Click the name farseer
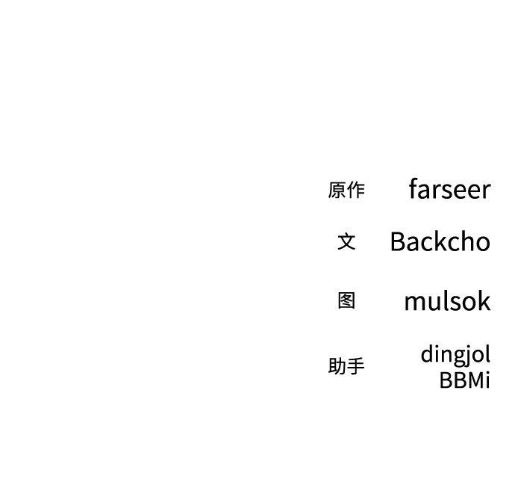[449, 189]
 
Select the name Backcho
[440, 241]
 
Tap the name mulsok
[447, 300]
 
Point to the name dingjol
[455, 354]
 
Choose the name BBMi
[465, 380]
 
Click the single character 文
[346, 241]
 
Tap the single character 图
[346, 300]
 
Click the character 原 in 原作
[337, 190]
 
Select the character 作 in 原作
[356, 190]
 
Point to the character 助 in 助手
[337, 366]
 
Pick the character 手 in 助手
[356, 366]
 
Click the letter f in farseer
[413, 188]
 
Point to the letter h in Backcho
[463, 241]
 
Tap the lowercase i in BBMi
[487, 380]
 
